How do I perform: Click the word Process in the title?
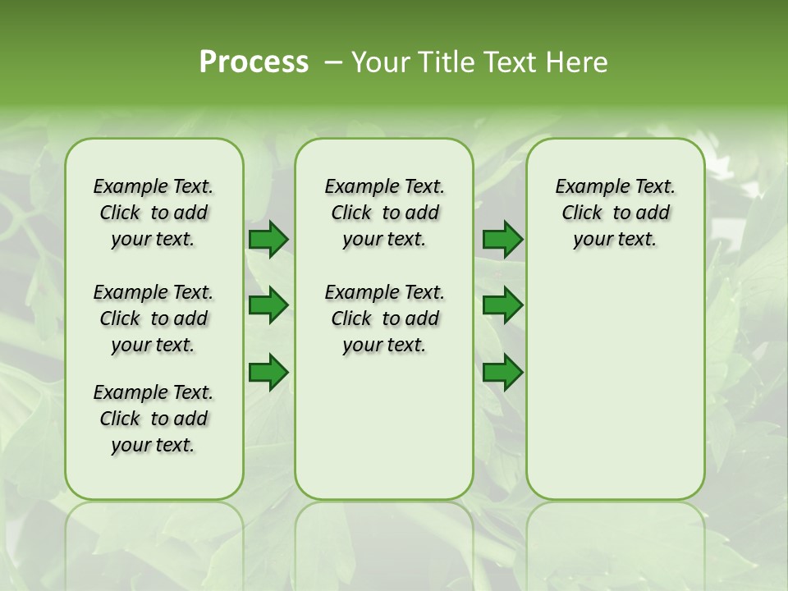(x=254, y=62)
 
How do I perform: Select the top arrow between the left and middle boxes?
(x=268, y=239)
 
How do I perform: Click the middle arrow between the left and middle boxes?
(x=268, y=305)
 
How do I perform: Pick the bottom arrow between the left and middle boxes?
(x=268, y=373)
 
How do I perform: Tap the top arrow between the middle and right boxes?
(x=502, y=239)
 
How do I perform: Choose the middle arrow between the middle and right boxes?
(x=502, y=305)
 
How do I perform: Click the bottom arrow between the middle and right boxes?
(x=502, y=373)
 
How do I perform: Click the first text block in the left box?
(x=153, y=213)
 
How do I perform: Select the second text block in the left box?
(x=153, y=318)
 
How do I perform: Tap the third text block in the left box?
(x=153, y=419)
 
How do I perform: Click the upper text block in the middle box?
(x=384, y=213)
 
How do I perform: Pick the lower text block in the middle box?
(x=384, y=318)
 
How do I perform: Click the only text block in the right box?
(x=615, y=213)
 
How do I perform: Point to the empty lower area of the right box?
(x=615, y=386)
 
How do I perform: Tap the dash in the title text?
(x=333, y=62)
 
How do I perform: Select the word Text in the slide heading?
(x=504, y=62)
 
